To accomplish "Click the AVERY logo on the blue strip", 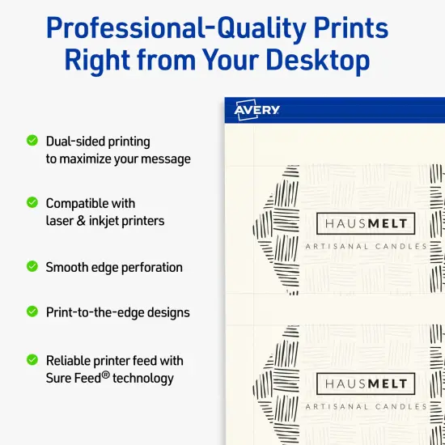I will click(256, 110).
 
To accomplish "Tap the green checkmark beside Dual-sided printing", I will click(32, 140).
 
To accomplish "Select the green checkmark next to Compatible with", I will click(32, 202).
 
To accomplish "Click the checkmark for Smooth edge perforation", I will click(32, 266).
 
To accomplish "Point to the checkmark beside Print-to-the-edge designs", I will click(32, 311).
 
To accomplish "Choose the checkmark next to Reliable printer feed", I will click(32, 359).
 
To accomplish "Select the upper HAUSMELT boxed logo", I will click(366, 224).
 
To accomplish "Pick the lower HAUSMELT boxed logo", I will click(366, 384).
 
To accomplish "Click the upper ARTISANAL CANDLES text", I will click(366, 246).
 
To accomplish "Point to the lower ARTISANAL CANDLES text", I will click(366, 406).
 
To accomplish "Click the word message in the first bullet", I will click(165, 159).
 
